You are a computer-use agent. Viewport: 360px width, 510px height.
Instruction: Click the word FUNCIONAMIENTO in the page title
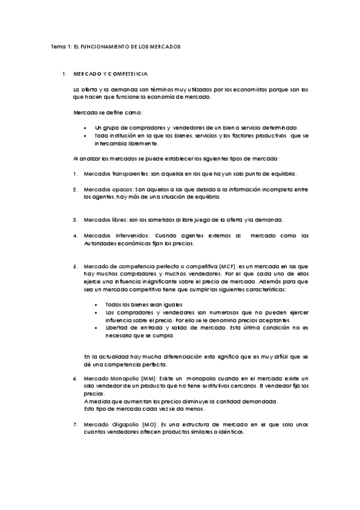click(x=103, y=46)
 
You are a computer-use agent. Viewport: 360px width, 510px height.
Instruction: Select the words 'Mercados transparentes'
click(x=112, y=174)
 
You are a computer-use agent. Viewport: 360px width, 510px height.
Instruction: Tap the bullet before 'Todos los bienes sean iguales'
click(x=97, y=305)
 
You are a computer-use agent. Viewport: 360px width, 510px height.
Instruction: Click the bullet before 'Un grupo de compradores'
click(x=87, y=127)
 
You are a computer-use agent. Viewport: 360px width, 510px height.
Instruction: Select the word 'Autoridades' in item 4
click(x=100, y=243)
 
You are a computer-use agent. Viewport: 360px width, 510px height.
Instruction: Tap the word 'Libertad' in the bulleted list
click(x=116, y=328)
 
